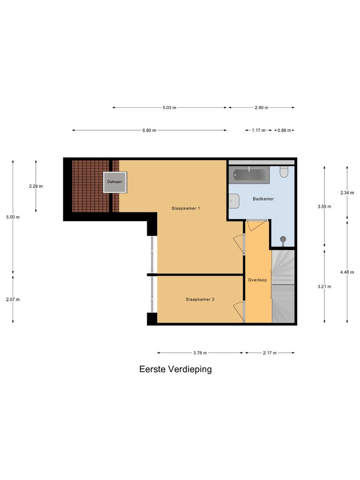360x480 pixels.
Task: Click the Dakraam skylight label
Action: [115, 181]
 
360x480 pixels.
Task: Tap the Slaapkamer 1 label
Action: [186, 208]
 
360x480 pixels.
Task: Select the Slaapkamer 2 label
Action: [200, 299]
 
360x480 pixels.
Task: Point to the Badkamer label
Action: [263, 199]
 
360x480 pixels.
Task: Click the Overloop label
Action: [257, 280]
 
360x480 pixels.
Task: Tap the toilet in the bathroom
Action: [283, 172]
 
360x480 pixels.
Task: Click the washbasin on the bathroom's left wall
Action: [234, 202]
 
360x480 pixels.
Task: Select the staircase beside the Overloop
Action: [283, 286]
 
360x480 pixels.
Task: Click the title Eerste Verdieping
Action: [175, 369]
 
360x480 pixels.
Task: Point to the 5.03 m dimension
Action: [169, 108]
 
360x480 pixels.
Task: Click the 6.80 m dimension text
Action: [150, 130]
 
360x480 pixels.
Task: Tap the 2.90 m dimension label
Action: [262, 108]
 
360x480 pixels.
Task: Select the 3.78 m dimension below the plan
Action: [200, 353]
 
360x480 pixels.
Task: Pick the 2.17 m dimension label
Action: [270, 353]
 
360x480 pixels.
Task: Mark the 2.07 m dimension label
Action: [13, 299]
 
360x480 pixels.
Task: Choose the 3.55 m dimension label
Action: [324, 206]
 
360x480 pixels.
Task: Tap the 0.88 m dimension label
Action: [284, 130]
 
